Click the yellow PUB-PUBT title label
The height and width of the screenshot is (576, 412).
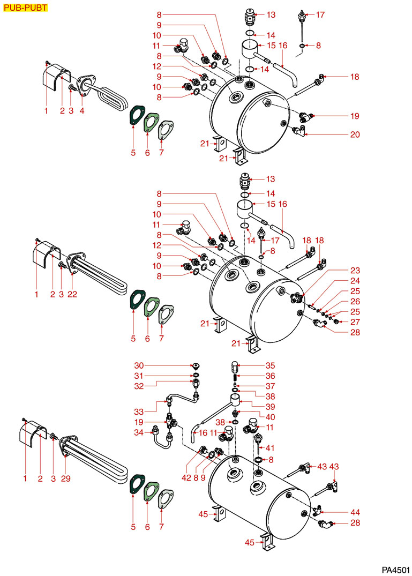pos(25,8)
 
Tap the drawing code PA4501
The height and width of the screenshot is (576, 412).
pos(395,570)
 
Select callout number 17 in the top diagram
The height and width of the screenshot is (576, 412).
pos(320,14)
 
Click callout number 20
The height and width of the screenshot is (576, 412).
pos(355,134)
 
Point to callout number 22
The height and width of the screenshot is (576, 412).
pos(72,294)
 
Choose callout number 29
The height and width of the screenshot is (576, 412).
pos(66,478)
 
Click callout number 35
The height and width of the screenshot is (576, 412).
pos(270,365)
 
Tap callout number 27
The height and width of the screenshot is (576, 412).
pos(355,322)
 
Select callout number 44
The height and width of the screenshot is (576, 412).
pos(355,512)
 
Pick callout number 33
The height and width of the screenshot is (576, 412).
pos(139,412)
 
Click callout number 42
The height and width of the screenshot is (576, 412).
pos(186,478)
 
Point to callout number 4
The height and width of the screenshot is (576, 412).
pos(82,110)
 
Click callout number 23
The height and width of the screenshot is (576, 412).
pos(355,271)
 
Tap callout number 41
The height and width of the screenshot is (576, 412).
pos(270,448)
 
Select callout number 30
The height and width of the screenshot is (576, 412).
pos(139,365)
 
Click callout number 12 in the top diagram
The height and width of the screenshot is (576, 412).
pos(157,66)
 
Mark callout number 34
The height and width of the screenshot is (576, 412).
pos(139,432)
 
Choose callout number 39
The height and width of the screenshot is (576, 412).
pos(270,407)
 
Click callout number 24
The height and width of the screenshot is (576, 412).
pos(355,281)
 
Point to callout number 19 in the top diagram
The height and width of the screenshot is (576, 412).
pos(355,116)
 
